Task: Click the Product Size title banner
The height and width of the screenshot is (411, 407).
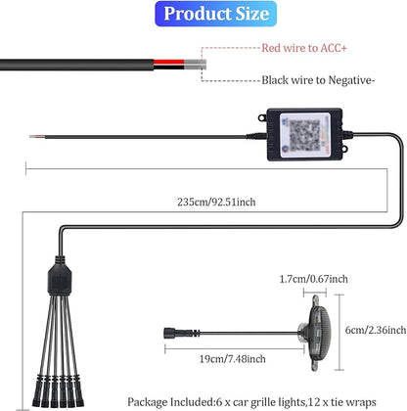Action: [x=215, y=14]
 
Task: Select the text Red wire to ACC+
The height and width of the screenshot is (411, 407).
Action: [x=304, y=48]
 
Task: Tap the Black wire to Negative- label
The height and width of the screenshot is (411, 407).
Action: [x=318, y=80]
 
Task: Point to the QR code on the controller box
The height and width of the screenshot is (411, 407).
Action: [x=304, y=135]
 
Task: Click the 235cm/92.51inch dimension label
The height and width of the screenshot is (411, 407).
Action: [x=216, y=202]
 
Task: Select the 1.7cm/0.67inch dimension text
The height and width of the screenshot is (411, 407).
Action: [x=314, y=279]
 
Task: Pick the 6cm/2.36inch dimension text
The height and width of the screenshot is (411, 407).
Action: [x=376, y=330]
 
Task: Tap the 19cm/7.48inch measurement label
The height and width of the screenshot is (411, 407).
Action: [x=233, y=359]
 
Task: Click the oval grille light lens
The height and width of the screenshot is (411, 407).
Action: [x=320, y=333]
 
